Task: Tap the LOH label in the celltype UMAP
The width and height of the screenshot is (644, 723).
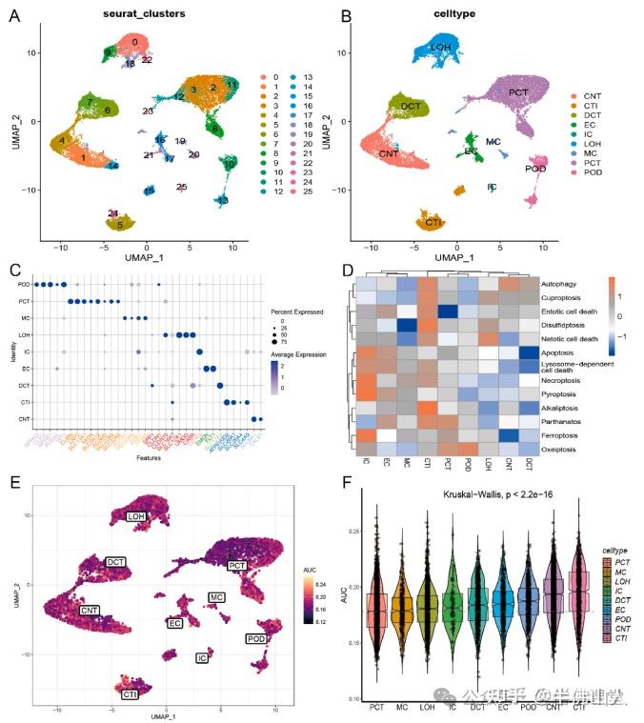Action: (440, 47)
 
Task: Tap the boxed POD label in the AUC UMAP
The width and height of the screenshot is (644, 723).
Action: (256, 638)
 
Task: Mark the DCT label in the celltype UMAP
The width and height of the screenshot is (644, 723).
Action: (412, 105)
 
